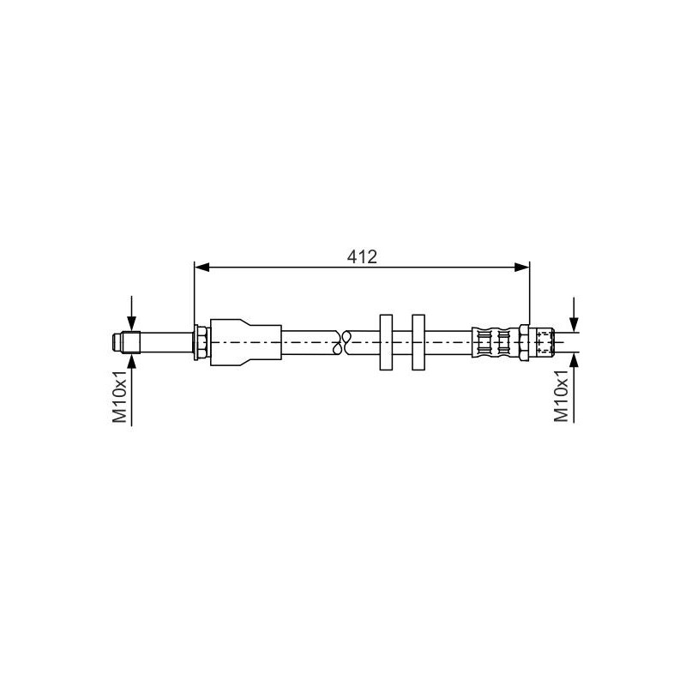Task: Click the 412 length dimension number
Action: click(363, 256)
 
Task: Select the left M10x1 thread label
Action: click(121, 396)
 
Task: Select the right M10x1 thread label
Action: click(561, 396)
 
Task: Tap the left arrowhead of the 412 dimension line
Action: click(202, 268)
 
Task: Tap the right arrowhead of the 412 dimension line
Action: click(521, 268)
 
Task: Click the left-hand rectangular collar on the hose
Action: click(385, 342)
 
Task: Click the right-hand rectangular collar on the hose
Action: click(418, 342)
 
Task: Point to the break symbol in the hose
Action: click(346, 341)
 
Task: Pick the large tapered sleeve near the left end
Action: click(244, 341)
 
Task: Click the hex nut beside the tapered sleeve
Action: click(200, 341)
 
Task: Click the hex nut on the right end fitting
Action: click(525, 341)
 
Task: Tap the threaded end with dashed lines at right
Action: click(544, 341)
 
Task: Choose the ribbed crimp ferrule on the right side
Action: click(492, 341)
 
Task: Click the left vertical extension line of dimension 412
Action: click(196, 292)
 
